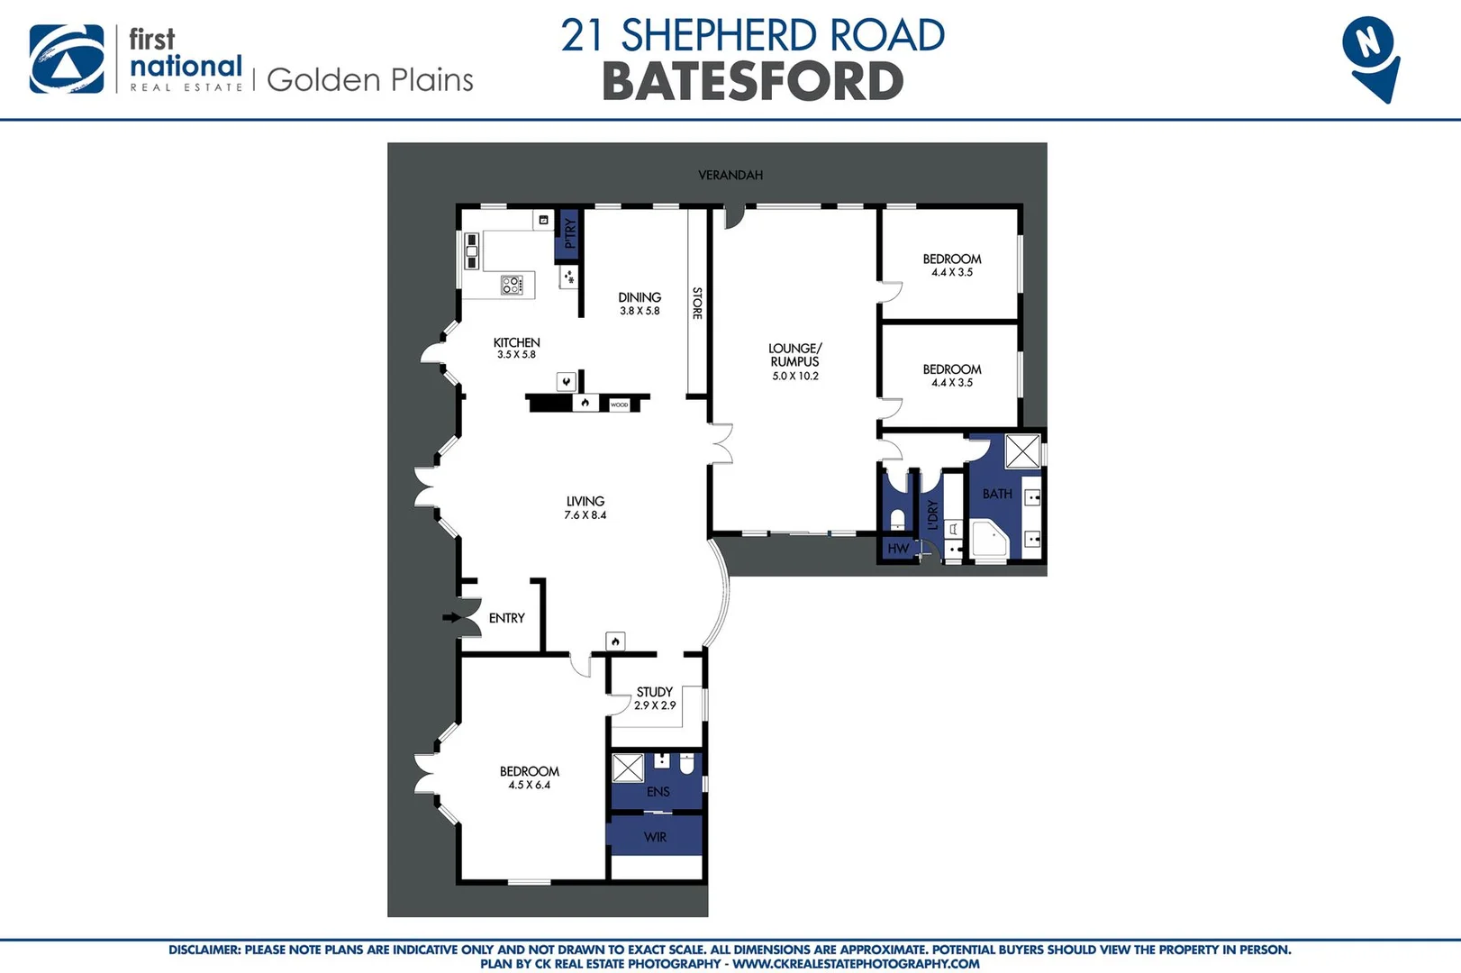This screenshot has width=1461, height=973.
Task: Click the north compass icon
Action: click(x=1370, y=57)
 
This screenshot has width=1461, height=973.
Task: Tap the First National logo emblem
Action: click(x=67, y=59)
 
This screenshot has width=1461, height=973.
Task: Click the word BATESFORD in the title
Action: click(x=752, y=82)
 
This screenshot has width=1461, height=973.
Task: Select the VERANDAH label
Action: click(x=730, y=175)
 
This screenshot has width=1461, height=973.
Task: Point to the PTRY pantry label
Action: click(x=569, y=234)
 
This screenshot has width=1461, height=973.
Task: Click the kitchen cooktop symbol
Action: click(x=512, y=286)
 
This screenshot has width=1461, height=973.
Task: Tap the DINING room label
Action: click(x=640, y=297)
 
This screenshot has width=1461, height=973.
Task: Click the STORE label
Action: click(x=697, y=303)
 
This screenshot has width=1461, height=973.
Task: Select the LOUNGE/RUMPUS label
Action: click(x=794, y=355)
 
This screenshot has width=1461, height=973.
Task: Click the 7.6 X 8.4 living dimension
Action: click(x=585, y=515)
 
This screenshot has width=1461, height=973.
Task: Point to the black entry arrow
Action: click(x=451, y=617)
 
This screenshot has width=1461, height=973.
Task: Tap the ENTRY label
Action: click(x=506, y=618)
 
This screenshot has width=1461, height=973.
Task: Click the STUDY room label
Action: click(x=655, y=692)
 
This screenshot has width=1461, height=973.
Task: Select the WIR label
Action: click(x=656, y=837)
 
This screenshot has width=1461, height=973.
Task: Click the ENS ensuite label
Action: click(x=658, y=792)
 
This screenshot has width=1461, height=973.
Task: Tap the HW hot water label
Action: click(x=898, y=548)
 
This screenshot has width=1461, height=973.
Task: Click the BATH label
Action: click(x=997, y=494)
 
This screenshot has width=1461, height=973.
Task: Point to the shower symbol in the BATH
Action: click(x=1022, y=451)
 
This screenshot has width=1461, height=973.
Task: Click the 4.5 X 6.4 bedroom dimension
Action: click(x=530, y=785)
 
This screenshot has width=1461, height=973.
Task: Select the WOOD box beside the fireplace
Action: click(x=620, y=405)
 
